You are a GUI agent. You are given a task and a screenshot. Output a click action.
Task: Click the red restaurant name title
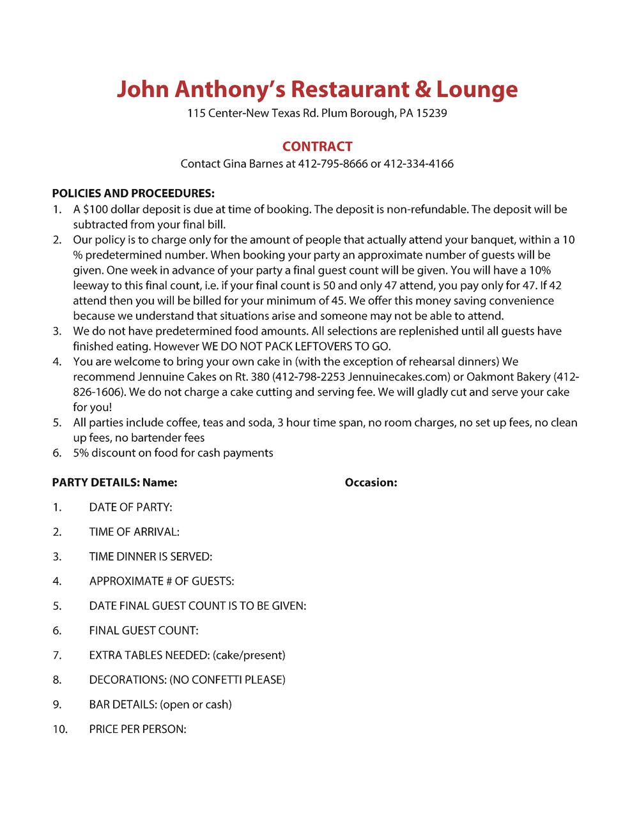(x=317, y=89)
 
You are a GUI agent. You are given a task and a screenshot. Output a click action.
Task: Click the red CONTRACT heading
(x=317, y=146)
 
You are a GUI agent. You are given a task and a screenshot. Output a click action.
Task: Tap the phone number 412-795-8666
(x=332, y=164)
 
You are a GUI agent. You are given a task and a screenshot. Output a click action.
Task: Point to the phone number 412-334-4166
(x=419, y=164)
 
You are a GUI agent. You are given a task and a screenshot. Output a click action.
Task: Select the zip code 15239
(x=431, y=114)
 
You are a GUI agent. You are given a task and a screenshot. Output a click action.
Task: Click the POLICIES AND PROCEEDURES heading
(x=133, y=193)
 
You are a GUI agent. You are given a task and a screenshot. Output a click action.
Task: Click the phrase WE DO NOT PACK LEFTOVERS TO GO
(x=296, y=347)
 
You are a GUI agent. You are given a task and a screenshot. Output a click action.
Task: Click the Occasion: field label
(x=371, y=483)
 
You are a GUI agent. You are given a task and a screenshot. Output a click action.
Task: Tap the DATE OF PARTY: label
(x=130, y=508)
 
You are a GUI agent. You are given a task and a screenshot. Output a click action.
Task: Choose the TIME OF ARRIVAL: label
(x=134, y=532)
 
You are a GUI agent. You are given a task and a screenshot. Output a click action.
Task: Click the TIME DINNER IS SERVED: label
(x=150, y=557)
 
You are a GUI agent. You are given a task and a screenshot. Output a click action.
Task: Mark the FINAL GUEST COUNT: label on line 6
(x=144, y=631)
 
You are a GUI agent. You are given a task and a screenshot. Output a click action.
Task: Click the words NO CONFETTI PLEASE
(x=227, y=680)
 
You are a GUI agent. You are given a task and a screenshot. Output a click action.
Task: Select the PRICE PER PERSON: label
(x=137, y=729)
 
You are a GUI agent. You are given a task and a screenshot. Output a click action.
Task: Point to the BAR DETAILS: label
(x=123, y=705)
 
